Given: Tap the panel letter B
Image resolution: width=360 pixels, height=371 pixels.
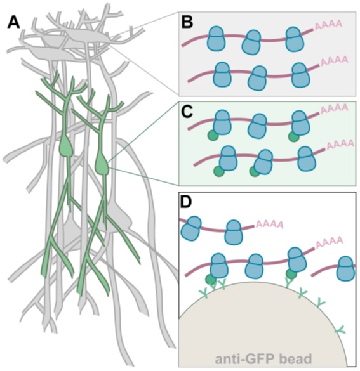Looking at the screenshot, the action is pos(187,22).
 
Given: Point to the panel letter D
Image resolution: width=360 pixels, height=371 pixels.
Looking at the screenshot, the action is pos(187,201).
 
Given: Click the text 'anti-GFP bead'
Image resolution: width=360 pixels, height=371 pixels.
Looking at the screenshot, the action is pos(263,359).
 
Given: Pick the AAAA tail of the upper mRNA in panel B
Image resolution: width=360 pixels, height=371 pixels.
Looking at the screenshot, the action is pos(328,25).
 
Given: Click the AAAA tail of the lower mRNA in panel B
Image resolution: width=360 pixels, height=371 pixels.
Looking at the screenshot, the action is pos(335,61).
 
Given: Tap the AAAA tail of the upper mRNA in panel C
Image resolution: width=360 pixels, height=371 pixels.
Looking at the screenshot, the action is pos(335,108).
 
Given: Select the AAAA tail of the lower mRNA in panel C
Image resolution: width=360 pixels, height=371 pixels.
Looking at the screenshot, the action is pos(340,144).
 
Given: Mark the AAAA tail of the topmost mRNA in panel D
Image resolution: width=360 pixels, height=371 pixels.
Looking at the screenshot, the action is pos(270,223).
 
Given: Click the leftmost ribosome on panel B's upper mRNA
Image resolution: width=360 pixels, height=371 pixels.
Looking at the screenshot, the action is pos(217,39).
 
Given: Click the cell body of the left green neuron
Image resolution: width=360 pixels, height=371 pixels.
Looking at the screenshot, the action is pos(66,146).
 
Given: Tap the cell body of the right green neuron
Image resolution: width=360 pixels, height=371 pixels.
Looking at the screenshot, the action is pos(102,164).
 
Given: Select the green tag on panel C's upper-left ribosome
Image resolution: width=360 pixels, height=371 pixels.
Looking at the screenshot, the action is pos(213,136).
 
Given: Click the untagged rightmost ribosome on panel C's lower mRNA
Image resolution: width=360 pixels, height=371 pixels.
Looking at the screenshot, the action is pos(307,159).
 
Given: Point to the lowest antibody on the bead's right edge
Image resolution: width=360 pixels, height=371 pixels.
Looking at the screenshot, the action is pos(340,330).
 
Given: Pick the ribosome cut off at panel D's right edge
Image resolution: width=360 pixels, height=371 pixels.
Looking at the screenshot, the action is pos(347,269).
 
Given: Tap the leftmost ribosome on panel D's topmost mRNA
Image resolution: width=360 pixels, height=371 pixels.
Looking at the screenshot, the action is pos(190,228).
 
